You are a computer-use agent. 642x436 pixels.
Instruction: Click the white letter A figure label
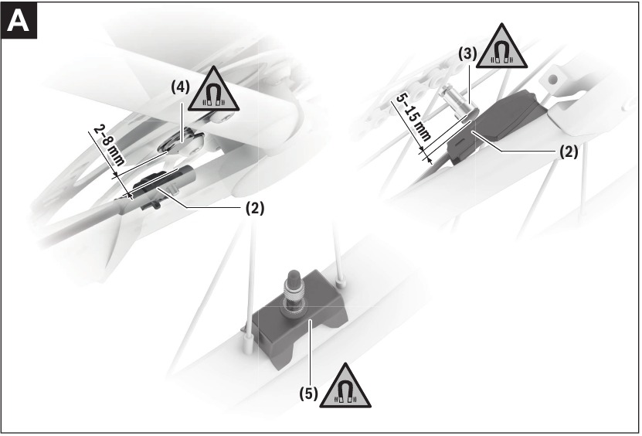[x=19, y=22]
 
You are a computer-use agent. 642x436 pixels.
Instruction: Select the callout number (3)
[x=467, y=56]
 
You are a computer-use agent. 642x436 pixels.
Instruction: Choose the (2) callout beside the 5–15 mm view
[x=568, y=152]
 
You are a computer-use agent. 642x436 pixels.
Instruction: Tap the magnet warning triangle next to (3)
[x=502, y=53]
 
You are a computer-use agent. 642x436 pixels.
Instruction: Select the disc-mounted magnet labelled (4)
[x=184, y=140]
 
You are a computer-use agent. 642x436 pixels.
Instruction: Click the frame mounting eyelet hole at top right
[x=554, y=79]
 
